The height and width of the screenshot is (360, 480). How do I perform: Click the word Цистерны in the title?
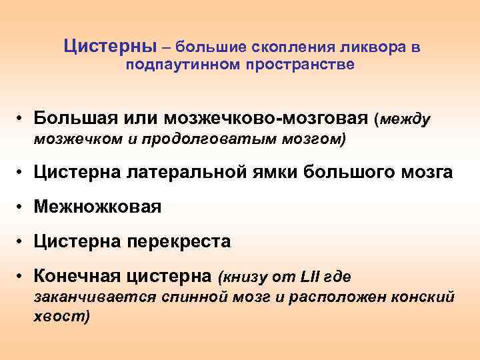110,47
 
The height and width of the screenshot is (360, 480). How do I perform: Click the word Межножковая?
97,207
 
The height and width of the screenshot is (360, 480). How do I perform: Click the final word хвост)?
61,316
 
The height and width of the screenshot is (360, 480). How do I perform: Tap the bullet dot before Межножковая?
22,207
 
